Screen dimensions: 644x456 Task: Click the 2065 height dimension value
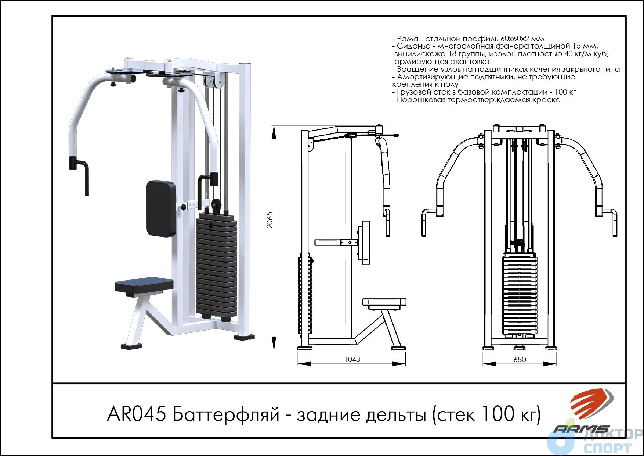pyautogui.click(x=270, y=220)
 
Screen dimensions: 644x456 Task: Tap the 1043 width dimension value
pyautogui.click(x=352, y=359)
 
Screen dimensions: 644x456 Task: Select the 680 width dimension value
pyautogui.click(x=520, y=359)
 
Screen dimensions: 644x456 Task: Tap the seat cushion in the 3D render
pyautogui.click(x=144, y=285)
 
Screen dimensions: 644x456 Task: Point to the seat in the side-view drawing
pyautogui.click(x=384, y=302)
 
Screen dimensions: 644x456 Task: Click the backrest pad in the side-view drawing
pyautogui.click(x=365, y=243)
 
